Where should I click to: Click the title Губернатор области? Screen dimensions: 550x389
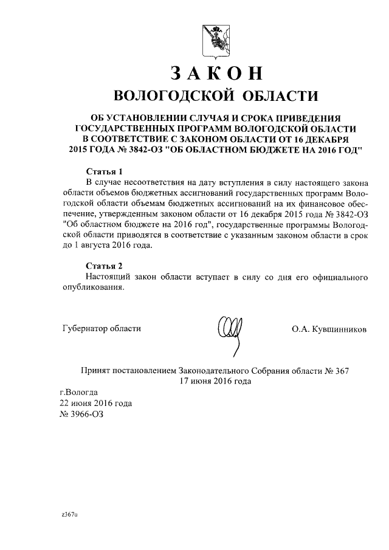pos(102,329)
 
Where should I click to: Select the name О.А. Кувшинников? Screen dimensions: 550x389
pos(329,329)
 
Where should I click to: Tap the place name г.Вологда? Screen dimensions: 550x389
pos(74,393)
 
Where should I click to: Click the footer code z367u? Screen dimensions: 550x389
pos(70,514)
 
